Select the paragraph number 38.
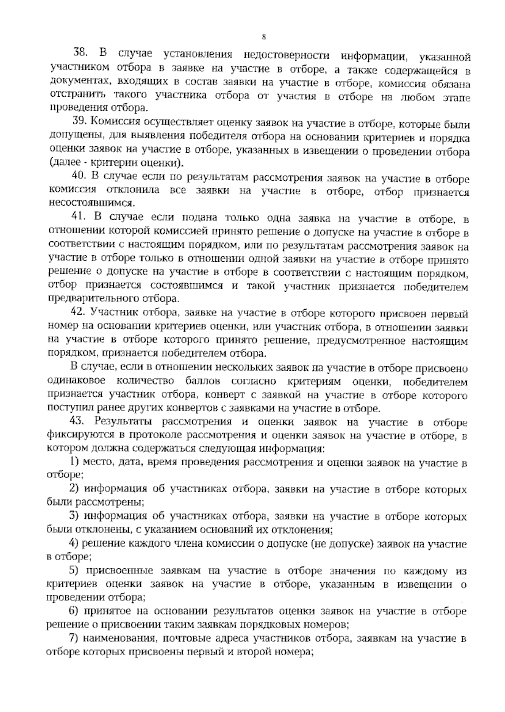point(80,54)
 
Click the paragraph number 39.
point(79,122)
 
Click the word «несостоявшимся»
point(91,203)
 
